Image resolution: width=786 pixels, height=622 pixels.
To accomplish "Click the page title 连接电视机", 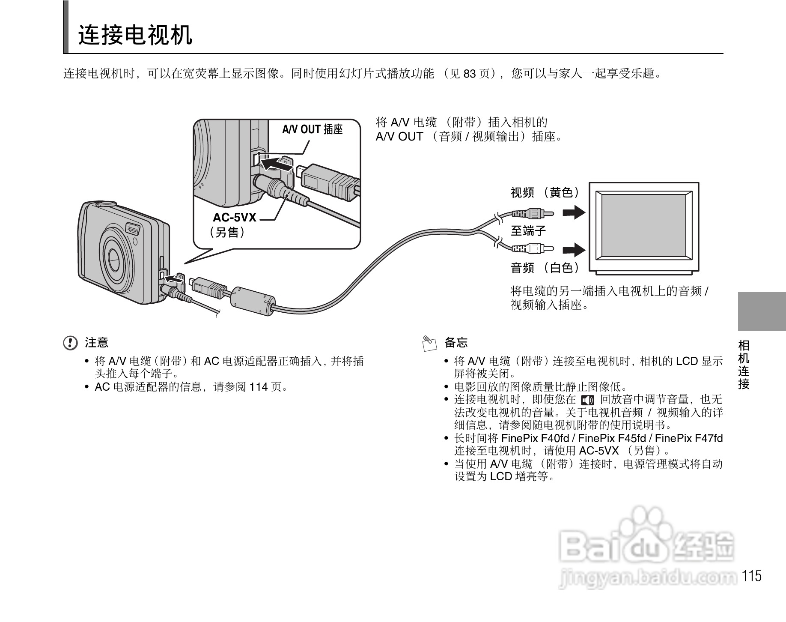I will [x=135, y=36].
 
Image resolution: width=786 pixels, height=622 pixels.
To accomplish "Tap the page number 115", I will [x=752, y=576].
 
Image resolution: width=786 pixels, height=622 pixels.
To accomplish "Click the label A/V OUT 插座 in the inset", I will [x=312, y=129].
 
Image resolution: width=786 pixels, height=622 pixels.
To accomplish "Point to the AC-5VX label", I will [x=234, y=218].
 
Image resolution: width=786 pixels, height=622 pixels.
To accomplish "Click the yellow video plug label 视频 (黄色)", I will [x=545, y=193].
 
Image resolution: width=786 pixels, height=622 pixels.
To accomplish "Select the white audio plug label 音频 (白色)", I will [x=545, y=268].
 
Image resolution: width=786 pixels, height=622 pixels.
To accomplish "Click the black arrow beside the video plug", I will [x=574, y=212].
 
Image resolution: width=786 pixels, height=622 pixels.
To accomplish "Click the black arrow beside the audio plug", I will [x=574, y=250].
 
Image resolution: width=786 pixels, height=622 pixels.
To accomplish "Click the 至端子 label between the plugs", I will [x=528, y=231].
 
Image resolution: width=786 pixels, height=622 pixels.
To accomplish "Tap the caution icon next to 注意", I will [x=70, y=343].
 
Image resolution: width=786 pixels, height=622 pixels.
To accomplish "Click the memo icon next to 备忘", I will [x=429, y=343].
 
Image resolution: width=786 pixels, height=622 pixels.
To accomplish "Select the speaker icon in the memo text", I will [x=587, y=401].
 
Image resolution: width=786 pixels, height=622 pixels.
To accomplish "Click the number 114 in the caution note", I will [x=259, y=387].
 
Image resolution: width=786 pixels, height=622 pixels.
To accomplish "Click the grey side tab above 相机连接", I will [x=762, y=311].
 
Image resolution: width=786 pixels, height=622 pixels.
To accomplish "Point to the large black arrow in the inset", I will [x=276, y=164].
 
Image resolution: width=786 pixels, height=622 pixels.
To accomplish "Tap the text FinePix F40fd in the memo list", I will [x=535, y=438].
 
